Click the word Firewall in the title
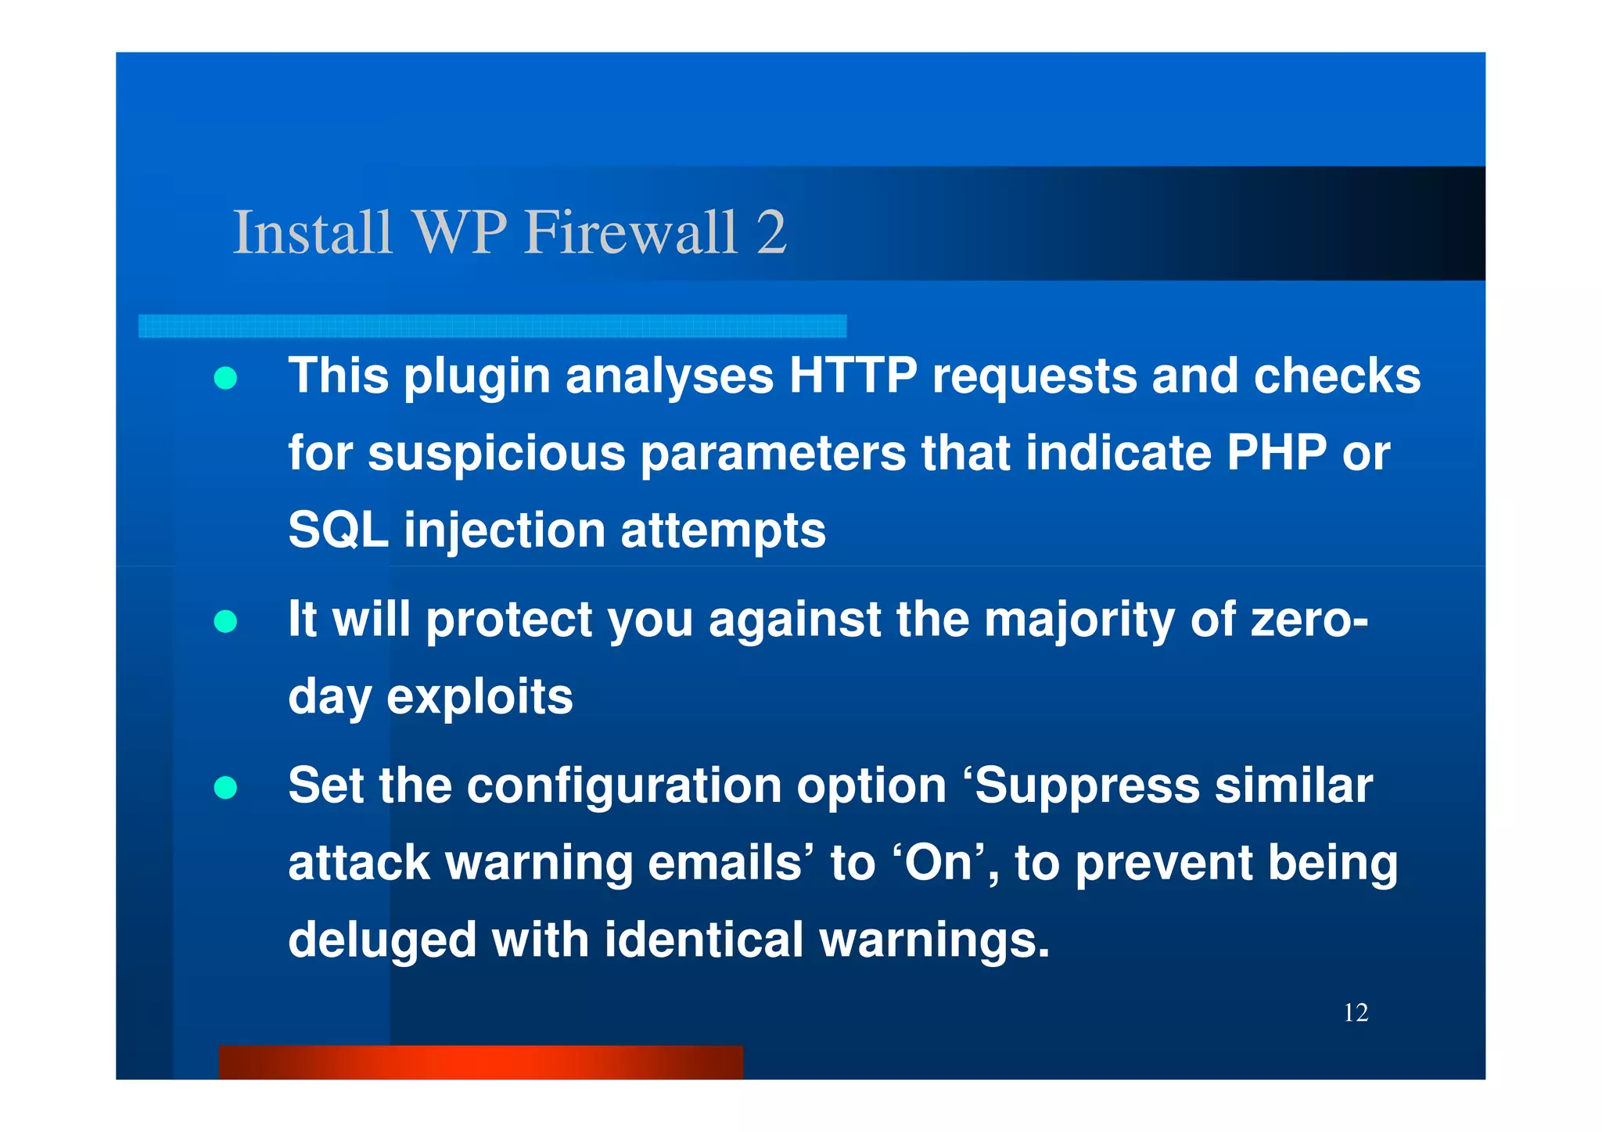[630, 232]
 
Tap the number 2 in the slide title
[771, 232]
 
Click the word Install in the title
[312, 232]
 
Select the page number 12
[1356, 1013]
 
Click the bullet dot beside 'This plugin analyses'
[225, 379]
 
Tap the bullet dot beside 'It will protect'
[225, 622]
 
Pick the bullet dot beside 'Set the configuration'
[225, 788]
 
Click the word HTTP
[852, 376]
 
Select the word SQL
[338, 530]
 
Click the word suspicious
[497, 454]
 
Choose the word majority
[1079, 620]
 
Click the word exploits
[480, 696]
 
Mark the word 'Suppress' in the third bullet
[1087, 786]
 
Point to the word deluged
[382, 940]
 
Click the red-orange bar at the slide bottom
[480, 1062]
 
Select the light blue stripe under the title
[492, 326]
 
